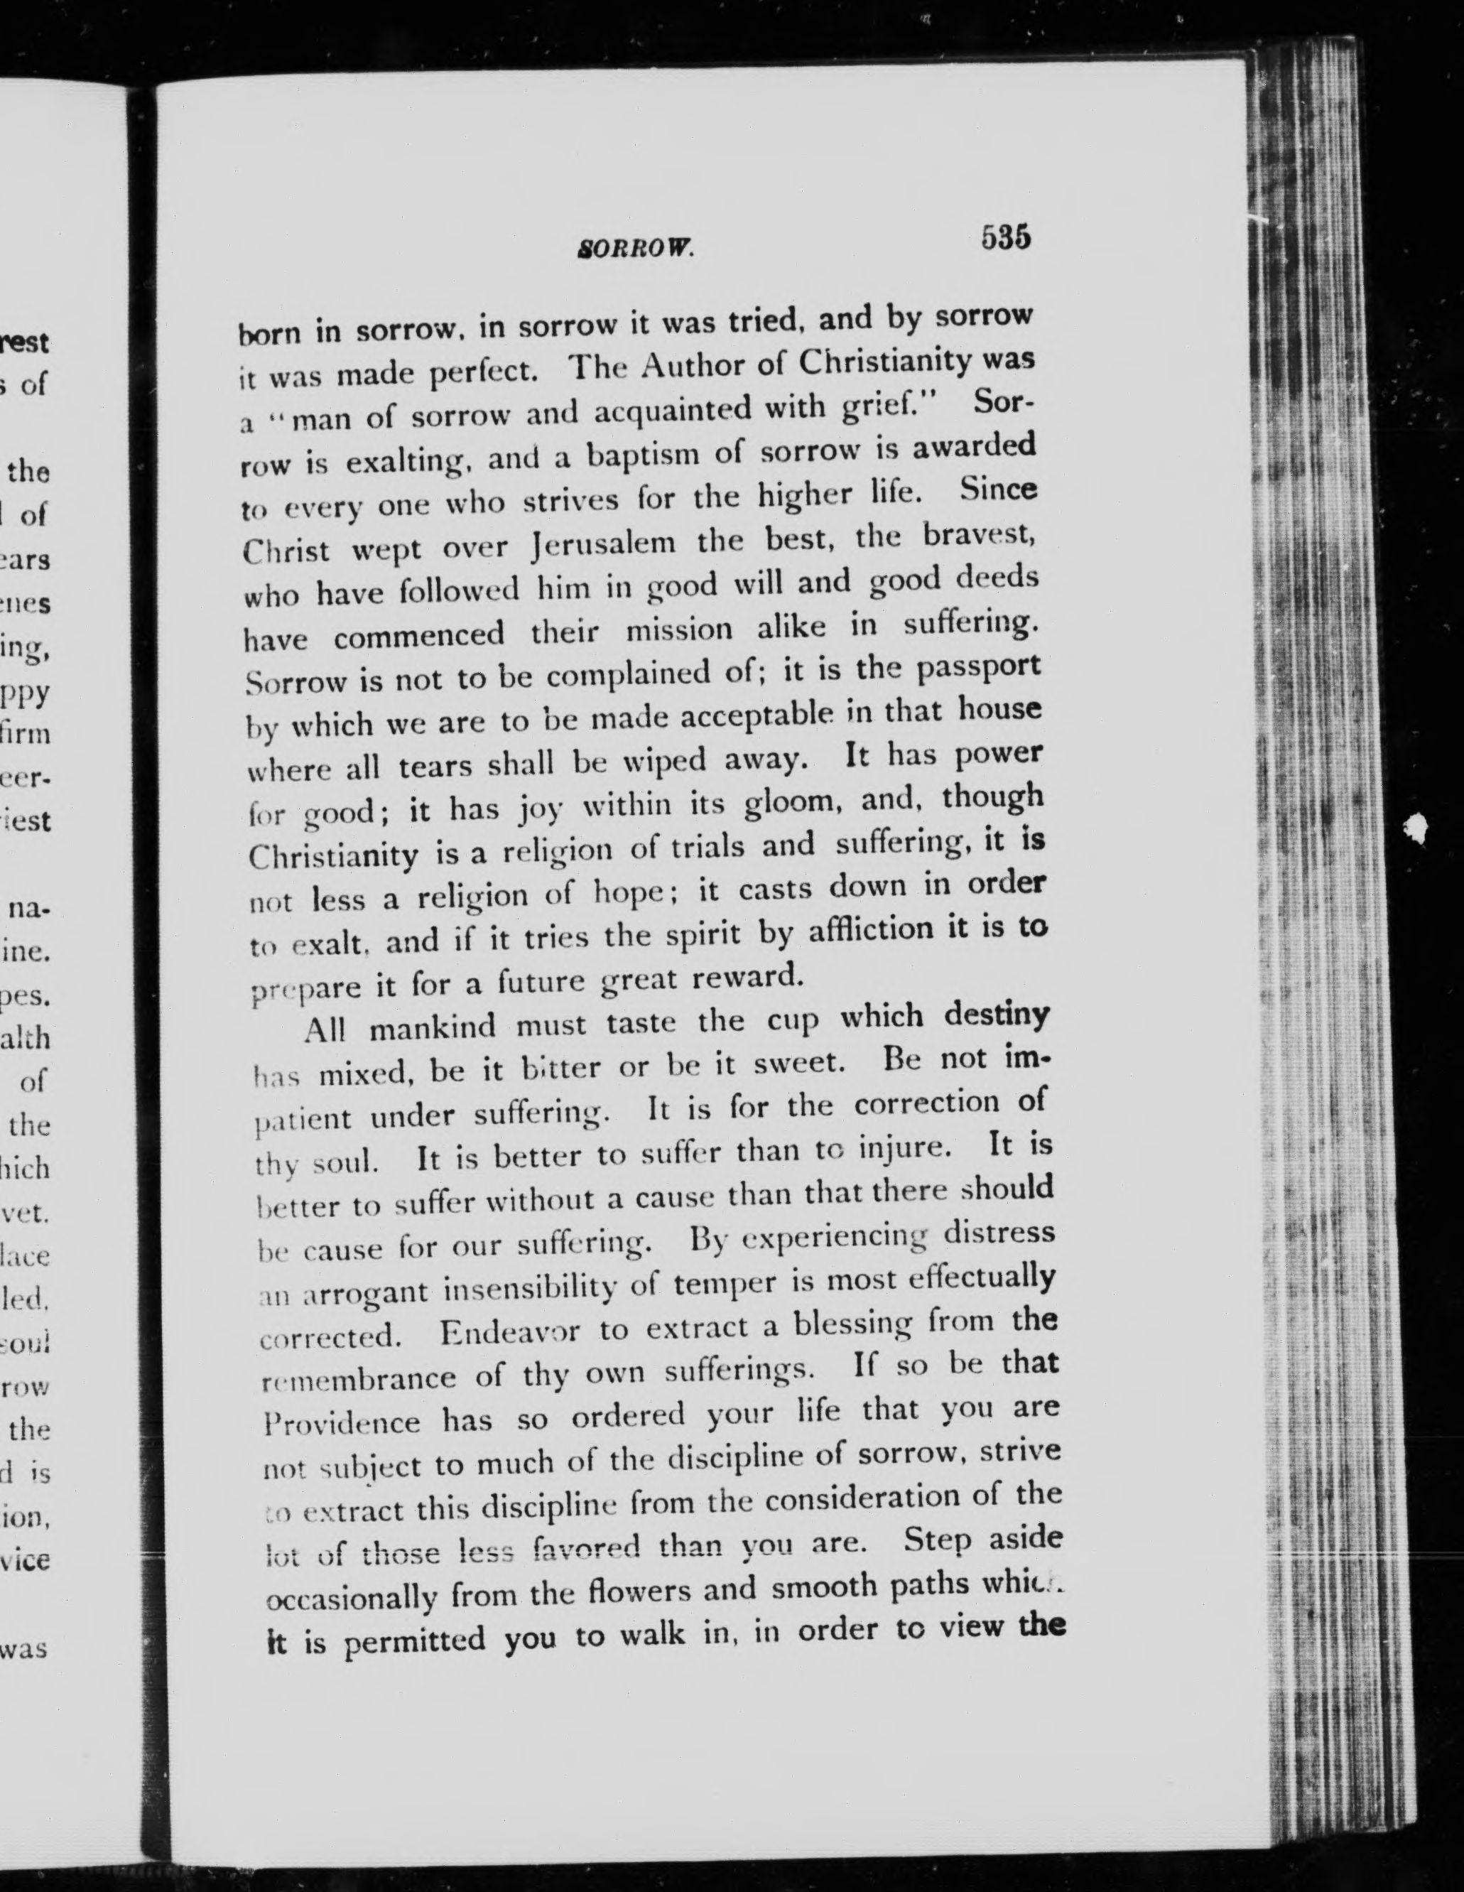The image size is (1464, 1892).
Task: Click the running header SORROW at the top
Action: tap(635, 249)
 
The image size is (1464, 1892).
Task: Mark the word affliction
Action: tap(867, 931)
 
